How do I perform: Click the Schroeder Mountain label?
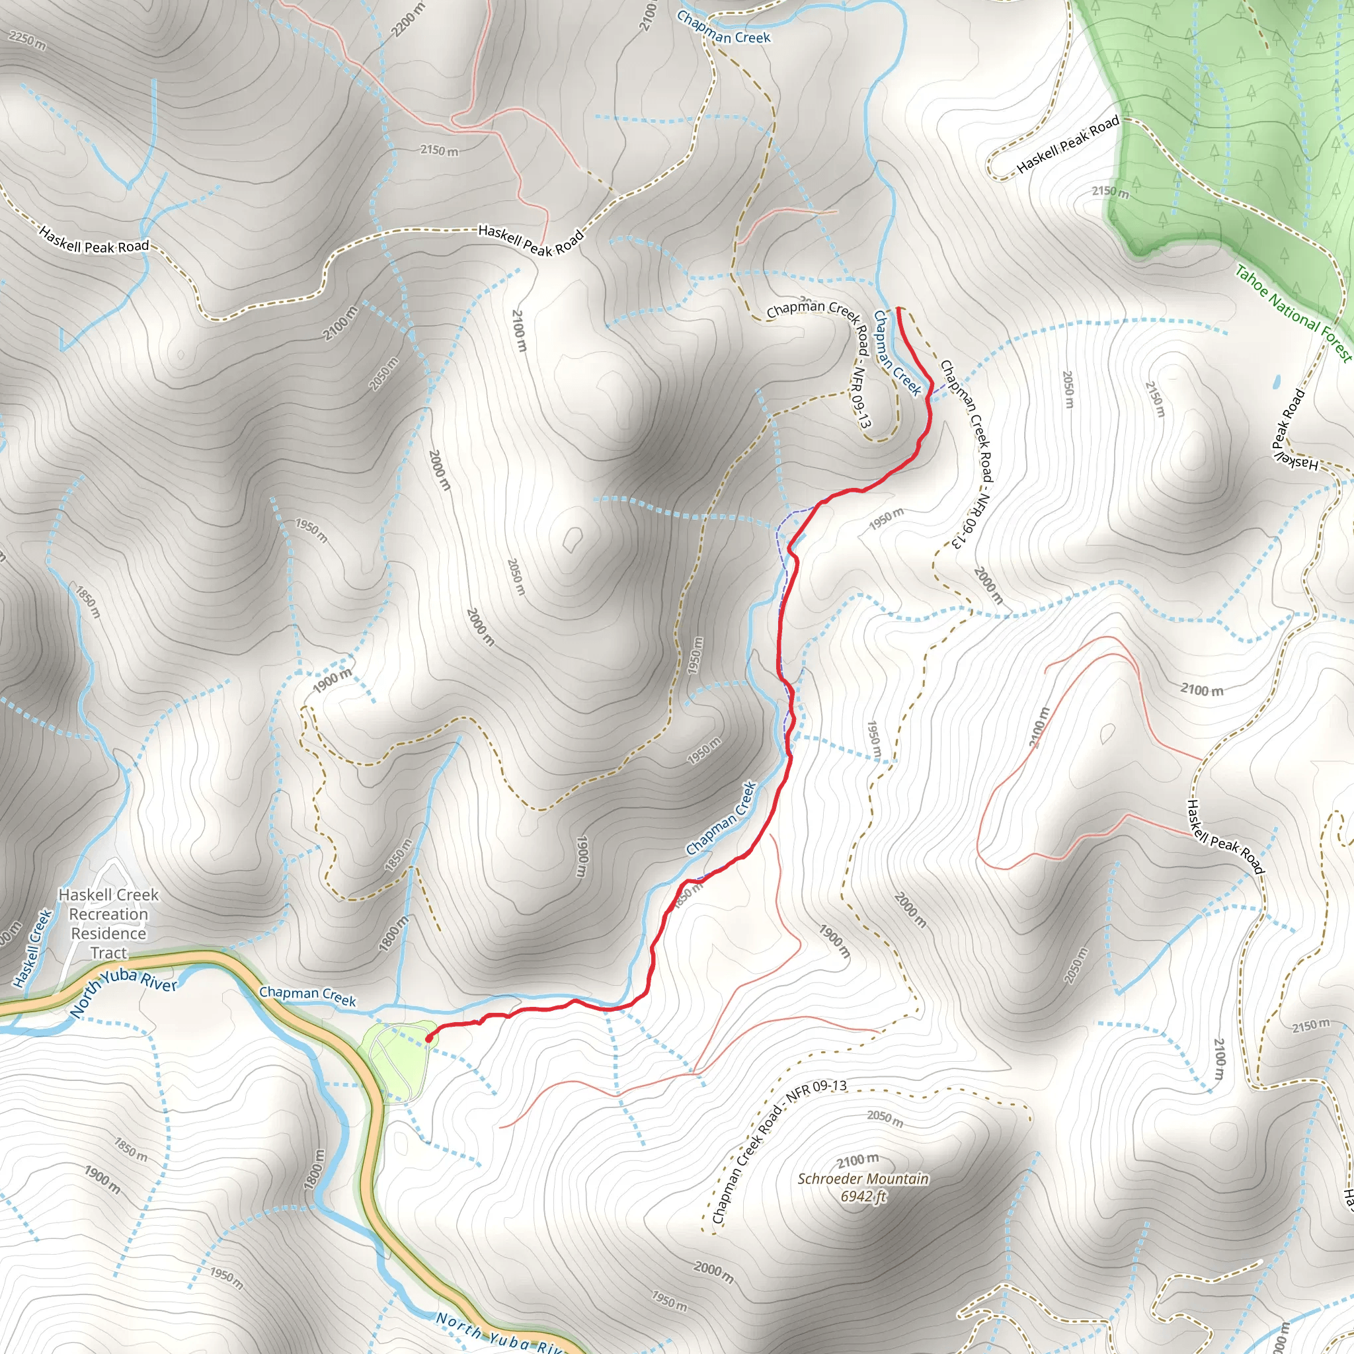(863, 1179)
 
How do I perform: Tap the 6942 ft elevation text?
(863, 1196)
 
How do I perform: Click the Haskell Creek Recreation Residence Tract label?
(108, 923)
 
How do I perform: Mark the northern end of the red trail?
(898, 308)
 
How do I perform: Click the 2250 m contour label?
(26, 40)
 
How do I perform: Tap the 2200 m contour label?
(408, 20)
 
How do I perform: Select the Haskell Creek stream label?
(32, 948)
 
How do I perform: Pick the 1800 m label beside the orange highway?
(315, 1170)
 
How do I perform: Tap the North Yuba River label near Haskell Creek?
(124, 993)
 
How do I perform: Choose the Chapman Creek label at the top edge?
(723, 28)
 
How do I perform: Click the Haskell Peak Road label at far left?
(94, 240)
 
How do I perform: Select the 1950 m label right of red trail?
(886, 519)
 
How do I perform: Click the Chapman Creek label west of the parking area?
(307, 996)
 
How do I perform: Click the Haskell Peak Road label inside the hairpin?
(1067, 144)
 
